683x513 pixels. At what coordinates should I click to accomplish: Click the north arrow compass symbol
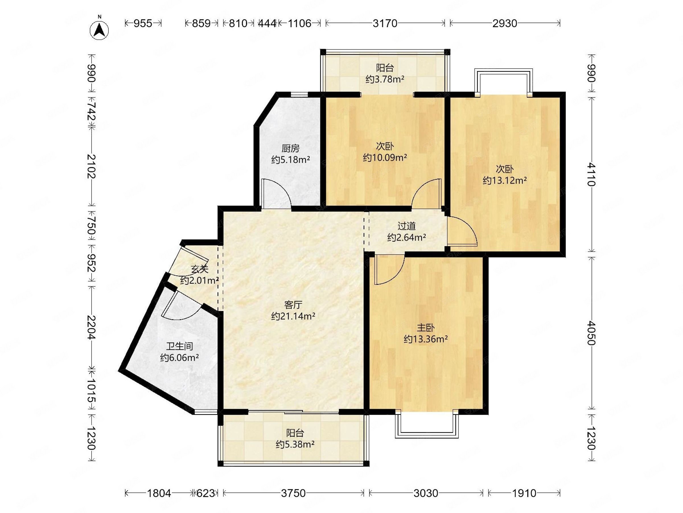pyautogui.click(x=99, y=30)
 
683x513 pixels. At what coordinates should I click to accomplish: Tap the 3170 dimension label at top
pyautogui.click(x=385, y=23)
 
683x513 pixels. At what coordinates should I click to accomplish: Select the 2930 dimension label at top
pyautogui.click(x=505, y=23)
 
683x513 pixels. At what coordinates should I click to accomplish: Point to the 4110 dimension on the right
pyautogui.click(x=591, y=174)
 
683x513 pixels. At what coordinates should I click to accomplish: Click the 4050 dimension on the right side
pyautogui.click(x=591, y=333)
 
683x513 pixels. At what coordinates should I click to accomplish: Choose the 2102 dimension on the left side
pyautogui.click(x=91, y=166)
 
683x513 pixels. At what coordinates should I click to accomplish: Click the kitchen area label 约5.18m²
pyautogui.click(x=291, y=160)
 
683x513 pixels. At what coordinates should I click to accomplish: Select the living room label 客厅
pyautogui.click(x=293, y=305)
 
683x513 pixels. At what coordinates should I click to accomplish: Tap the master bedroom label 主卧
pyautogui.click(x=426, y=327)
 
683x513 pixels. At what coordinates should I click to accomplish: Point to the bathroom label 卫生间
pyautogui.click(x=179, y=346)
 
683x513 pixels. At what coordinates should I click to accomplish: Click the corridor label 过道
pyautogui.click(x=406, y=226)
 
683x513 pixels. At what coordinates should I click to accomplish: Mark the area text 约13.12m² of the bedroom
pyautogui.click(x=505, y=180)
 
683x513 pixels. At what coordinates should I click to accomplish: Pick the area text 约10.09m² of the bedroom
pyautogui.click(x=385, y=158)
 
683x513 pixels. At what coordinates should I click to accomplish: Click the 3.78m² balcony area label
pyautogui.click(x=385, y=79)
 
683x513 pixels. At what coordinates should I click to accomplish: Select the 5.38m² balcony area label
pyautogui.click(x=295, y=444)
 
